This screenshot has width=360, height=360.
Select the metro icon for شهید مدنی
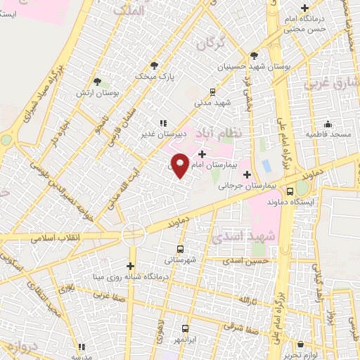pos(213,91)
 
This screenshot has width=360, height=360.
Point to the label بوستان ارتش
pos(97,92)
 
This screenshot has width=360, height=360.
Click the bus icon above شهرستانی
pos(181,249)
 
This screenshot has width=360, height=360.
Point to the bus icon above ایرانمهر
pos(185,328)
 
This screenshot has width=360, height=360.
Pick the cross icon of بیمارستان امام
pos(202,154)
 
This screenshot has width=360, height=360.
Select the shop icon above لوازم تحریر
pos(301,345)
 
